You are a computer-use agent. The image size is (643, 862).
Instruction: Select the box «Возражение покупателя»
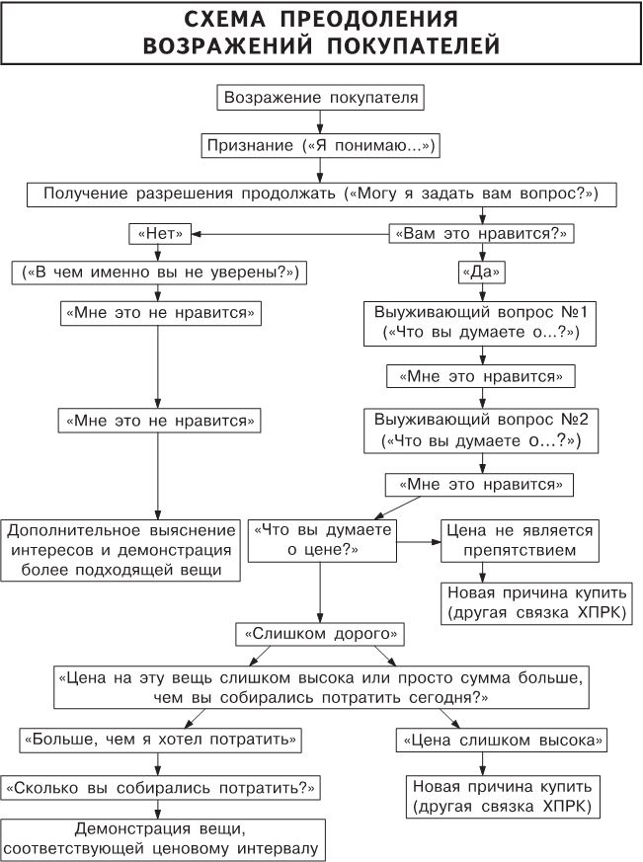coord(322,99)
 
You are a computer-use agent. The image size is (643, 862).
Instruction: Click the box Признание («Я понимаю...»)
coord(322,146)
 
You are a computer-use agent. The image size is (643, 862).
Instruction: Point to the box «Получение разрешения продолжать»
coord(322,194)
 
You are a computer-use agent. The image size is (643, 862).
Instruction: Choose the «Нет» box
coord(159,234)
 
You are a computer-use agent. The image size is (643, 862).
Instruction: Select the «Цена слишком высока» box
coord(503,739)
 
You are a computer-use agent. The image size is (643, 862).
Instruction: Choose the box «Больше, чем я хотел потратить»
coord(159,739)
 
